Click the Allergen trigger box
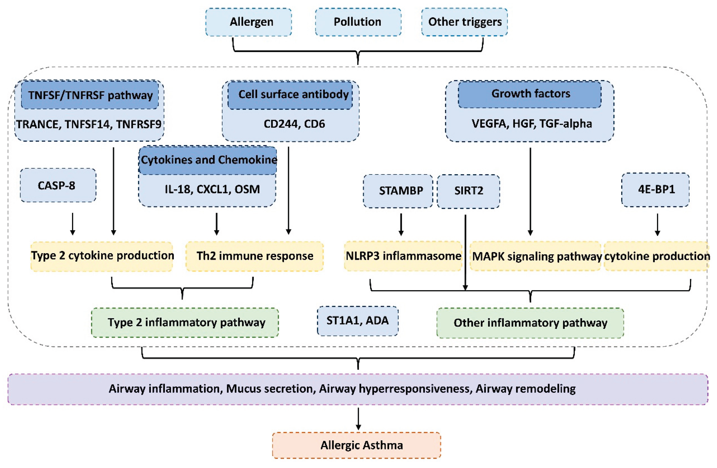[248, 22]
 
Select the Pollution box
[358, 22]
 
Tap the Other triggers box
[464, 22]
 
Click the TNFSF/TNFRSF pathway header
[90, 95]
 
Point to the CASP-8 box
[58, 185]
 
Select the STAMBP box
[398, 191]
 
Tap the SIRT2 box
[468, 191]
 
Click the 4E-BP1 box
[655, 189]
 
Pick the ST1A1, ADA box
[357, 320]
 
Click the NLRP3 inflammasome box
[403, 256]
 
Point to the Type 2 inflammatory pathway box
[185, 322]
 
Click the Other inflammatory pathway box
[530, 323]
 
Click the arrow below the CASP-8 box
[72, 224]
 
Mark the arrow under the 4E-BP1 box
[657, 225]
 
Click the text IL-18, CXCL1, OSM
[212, 189]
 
